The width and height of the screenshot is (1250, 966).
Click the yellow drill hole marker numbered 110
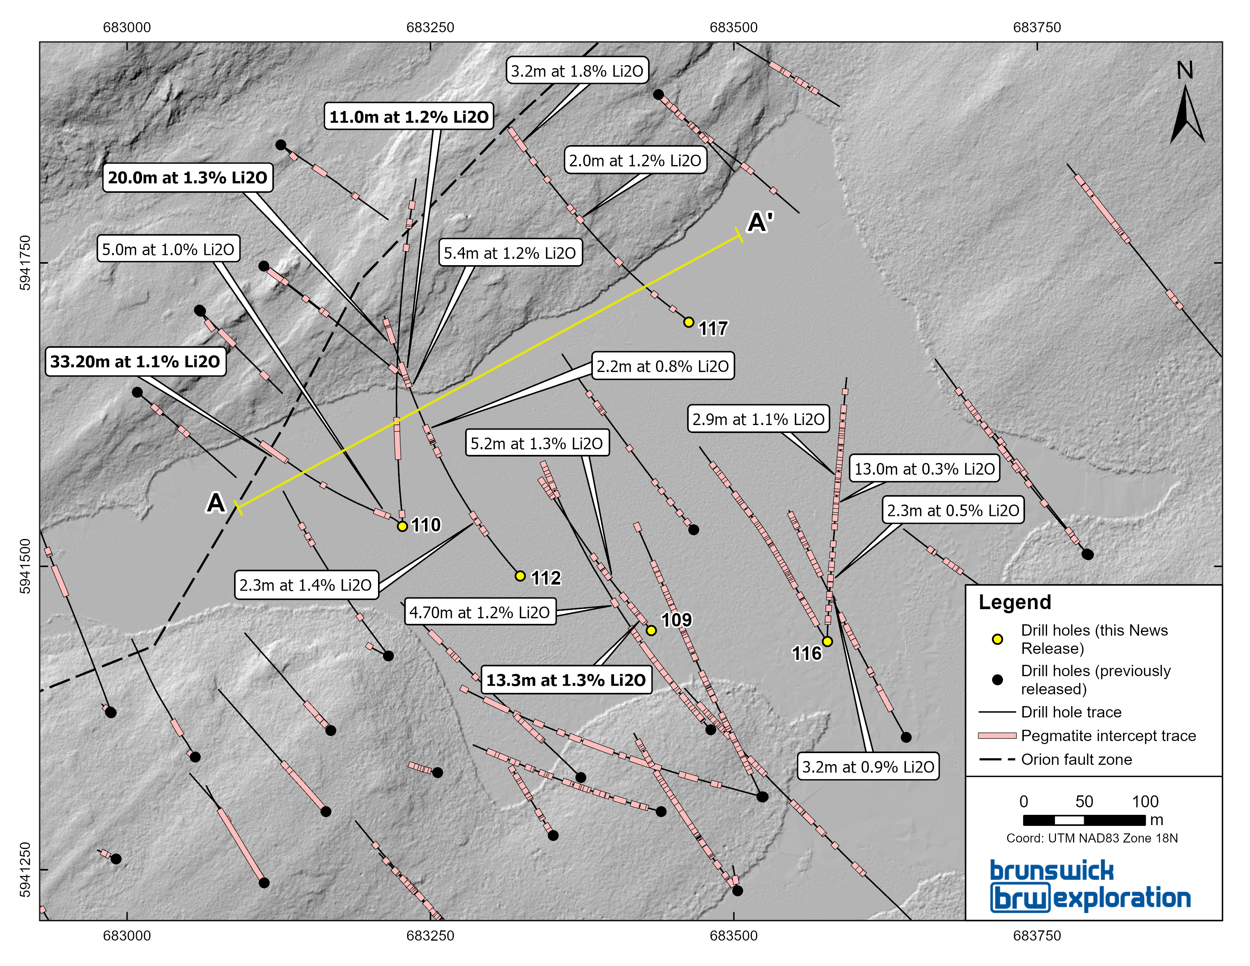tap(402, 526)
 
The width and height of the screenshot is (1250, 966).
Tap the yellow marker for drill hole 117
tap(689, 322)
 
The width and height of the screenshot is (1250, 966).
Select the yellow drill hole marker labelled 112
tap(520, 576)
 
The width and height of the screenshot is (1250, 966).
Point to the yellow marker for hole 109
tap(651, 630)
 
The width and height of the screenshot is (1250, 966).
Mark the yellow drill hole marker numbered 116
tap(827, 641)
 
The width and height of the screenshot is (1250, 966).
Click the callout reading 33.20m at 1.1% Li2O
tap(135, 362)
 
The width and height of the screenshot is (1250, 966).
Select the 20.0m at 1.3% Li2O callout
tap(188, 177)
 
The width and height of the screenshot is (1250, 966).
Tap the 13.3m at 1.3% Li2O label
tap(566, 680)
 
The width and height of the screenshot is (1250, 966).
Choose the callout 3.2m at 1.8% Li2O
tap(577, 71)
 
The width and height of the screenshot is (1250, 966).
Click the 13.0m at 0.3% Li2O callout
tap(924, 469)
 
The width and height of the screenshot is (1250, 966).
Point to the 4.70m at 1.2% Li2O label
tap(480, 612)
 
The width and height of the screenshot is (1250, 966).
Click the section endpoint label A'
tap(761, 222)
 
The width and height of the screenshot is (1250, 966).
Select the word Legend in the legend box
tap(1015, 602)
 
